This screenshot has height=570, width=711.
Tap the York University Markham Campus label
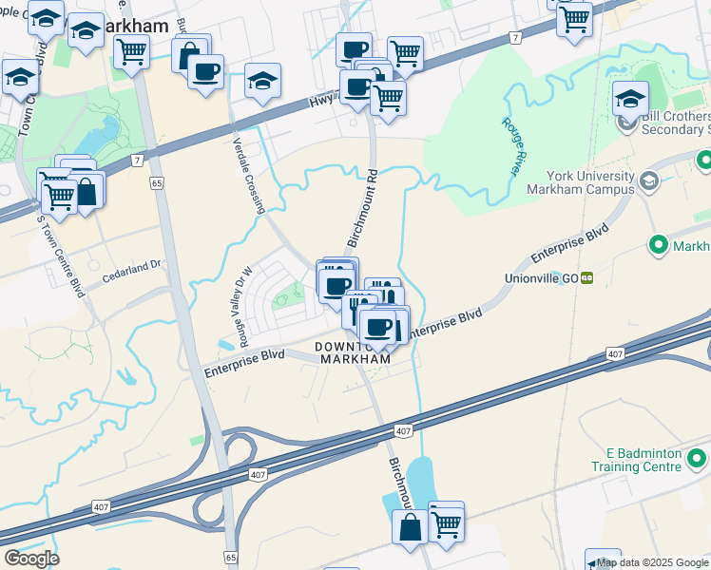pos(590,182)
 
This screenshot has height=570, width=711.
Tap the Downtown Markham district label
pos(355,352)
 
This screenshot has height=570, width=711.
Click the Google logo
pos(31,559)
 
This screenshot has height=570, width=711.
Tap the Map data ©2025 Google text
pos(652,562)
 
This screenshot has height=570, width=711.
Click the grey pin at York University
pos(649,180)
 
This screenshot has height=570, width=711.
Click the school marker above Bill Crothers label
pos(630,98)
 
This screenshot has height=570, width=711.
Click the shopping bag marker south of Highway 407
pos(411,528)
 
